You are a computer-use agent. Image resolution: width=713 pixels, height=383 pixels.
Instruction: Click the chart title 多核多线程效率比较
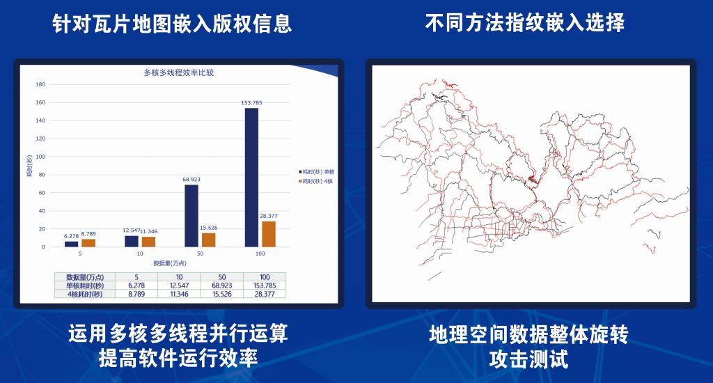click(179, 72)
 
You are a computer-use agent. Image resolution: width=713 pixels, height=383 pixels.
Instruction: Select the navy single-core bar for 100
click(251, 178)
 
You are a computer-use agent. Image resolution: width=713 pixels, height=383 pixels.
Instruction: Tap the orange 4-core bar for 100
click(269, 234)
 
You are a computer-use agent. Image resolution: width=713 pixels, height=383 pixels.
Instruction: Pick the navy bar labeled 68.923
click(191, 216)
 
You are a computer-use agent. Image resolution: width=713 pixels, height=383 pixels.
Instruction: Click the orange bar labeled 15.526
click(209, 240)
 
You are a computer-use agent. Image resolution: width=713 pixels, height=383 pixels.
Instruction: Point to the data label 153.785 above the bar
click(251, 103)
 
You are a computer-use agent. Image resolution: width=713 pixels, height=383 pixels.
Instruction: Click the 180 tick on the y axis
click(40, 84)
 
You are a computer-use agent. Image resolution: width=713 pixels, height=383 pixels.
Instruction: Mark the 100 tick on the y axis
click(40, 157)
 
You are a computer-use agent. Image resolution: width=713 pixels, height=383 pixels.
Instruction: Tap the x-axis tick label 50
click(200, 253)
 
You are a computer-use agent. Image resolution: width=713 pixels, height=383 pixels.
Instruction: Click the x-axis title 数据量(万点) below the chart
click(170, 263)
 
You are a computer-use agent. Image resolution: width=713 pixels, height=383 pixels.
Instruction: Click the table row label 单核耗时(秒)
click(85, 286)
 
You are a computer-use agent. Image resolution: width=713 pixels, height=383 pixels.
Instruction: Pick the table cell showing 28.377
click(265, 295)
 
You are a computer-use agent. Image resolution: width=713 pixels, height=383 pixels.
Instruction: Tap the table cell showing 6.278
click(136, 286)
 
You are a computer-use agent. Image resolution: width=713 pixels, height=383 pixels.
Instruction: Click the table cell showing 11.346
click(179, 295)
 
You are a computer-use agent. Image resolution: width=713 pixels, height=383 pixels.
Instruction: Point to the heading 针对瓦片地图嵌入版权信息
click(172, 23)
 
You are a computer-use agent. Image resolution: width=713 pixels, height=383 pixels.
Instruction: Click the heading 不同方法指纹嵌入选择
click(525, 22)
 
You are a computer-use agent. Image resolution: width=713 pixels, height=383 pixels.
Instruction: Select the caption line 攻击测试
click(529, 359)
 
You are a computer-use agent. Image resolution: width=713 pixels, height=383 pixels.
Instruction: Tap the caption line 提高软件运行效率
click(179, 358)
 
